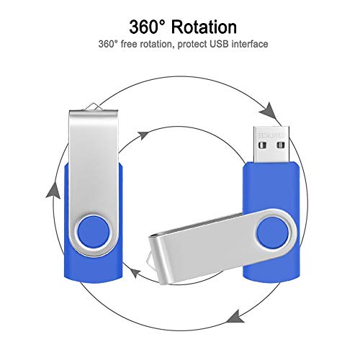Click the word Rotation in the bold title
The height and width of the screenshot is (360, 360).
coord(204,27)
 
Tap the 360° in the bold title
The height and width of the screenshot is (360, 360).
coord(148,27)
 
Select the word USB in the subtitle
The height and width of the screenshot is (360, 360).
coord(220,44)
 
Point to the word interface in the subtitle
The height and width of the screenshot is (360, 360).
coord(250,44)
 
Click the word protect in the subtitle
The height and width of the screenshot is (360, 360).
coord(192,45)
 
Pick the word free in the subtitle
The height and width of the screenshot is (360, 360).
coord(129,44)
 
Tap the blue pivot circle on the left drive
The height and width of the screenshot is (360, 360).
coord(93,231)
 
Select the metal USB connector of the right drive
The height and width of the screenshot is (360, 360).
coord(271,144)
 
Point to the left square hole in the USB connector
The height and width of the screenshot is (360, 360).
coord(263,145)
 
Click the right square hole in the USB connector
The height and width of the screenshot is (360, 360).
coord(281,145)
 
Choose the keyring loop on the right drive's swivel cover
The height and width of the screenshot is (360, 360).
coord(150,257)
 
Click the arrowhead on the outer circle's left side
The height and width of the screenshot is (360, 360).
coord(53,191)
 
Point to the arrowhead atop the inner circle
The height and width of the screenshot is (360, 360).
coord(144,135)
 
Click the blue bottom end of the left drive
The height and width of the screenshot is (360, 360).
coord(94,269)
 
